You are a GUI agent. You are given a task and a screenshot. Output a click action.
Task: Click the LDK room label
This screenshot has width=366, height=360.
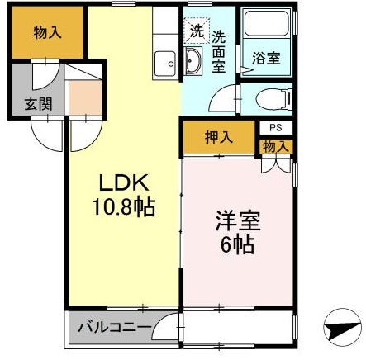124,182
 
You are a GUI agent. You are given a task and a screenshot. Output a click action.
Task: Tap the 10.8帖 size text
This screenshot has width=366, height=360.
124,207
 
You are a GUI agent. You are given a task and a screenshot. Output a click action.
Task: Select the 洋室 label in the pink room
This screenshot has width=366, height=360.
238,221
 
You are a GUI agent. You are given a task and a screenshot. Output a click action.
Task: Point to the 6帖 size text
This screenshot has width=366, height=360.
237,244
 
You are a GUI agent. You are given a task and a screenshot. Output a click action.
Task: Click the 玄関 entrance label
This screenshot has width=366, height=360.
38,104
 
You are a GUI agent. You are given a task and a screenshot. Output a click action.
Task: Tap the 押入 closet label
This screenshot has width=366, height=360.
219,137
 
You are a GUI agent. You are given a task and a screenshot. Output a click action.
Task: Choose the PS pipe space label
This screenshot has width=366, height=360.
276,128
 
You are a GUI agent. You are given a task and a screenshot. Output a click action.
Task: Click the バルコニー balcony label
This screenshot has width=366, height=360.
115,328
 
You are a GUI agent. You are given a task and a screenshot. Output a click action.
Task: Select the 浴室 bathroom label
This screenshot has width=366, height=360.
266,58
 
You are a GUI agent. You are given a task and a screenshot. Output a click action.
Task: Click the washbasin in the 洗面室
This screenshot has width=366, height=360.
193,60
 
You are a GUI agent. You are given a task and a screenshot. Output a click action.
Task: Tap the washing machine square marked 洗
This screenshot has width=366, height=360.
197,31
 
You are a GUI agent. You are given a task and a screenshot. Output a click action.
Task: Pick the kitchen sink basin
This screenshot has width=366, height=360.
164,64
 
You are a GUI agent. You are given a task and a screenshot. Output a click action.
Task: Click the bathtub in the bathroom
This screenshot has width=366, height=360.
266,24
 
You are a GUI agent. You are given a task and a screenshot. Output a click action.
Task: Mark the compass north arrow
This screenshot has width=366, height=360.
342,328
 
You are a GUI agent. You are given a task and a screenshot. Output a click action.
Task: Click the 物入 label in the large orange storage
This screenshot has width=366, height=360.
47,33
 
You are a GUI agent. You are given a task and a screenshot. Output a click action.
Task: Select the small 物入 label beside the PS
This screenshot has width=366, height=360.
276,146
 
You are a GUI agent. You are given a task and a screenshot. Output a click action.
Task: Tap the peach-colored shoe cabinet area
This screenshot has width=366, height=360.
86,97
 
